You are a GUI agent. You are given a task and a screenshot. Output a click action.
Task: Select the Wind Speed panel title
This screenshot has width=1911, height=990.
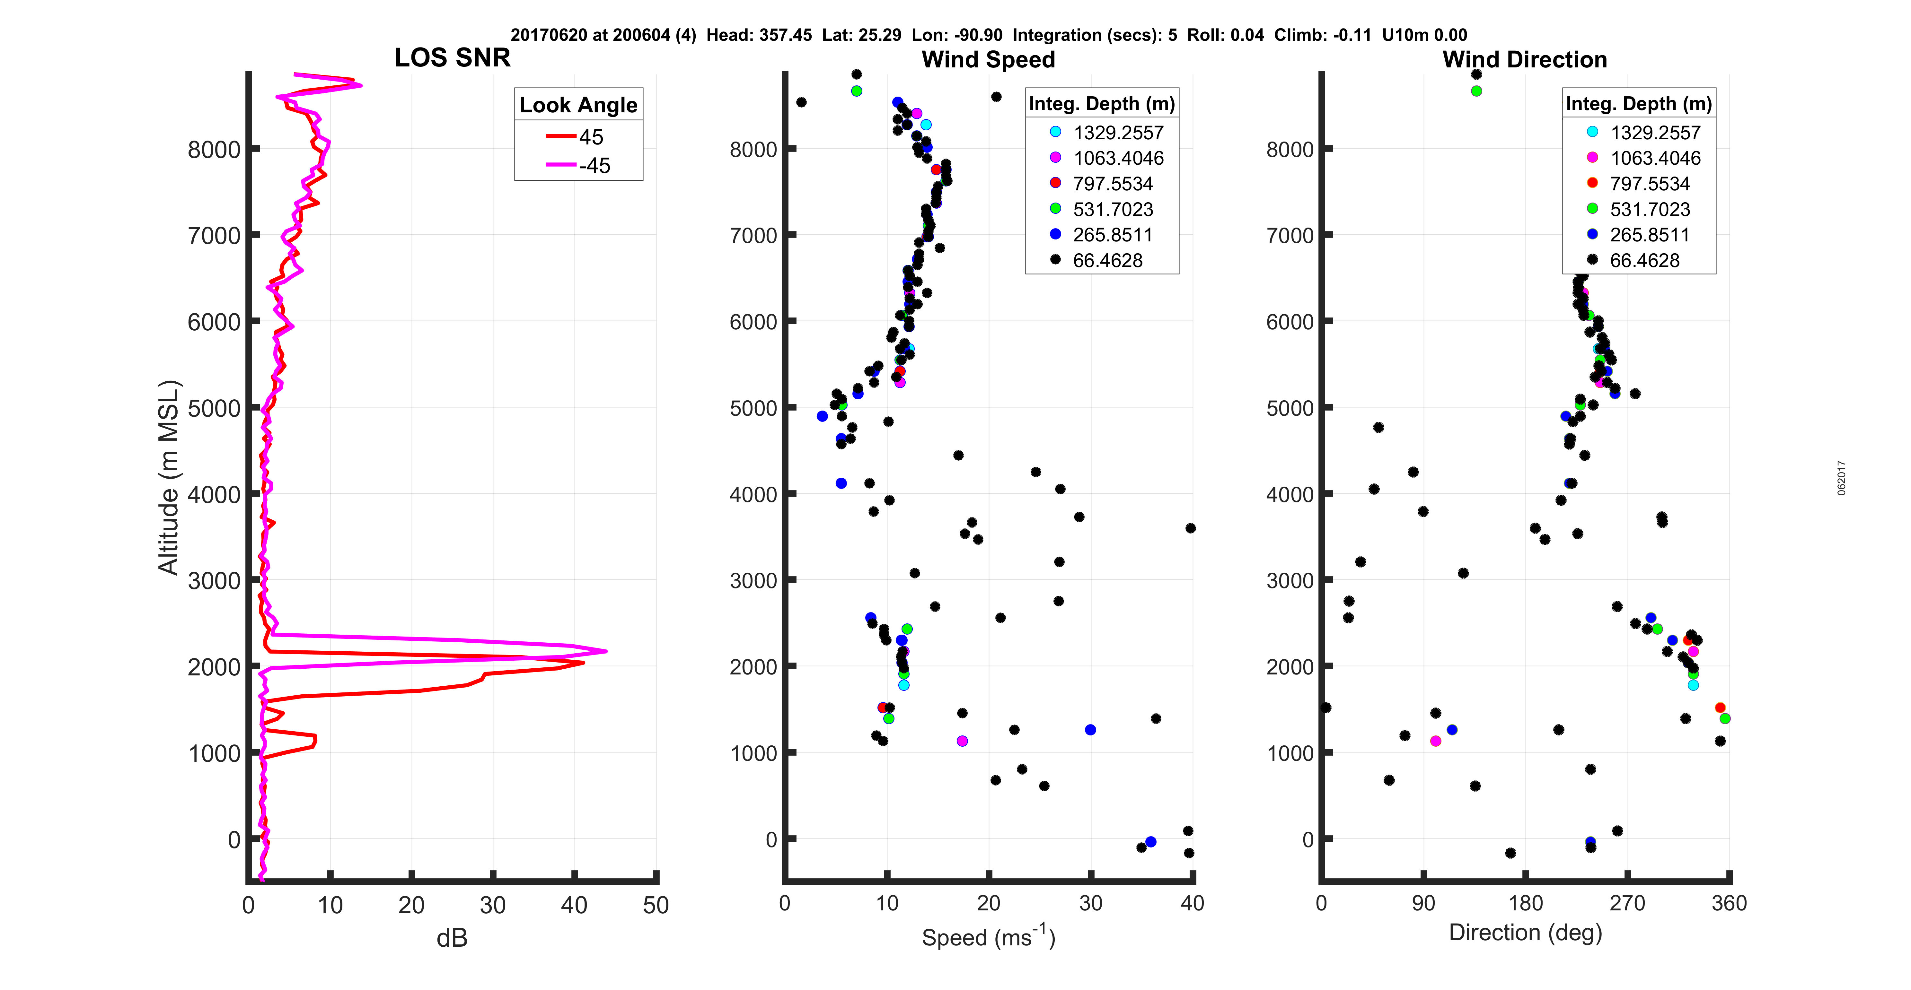[988, 59]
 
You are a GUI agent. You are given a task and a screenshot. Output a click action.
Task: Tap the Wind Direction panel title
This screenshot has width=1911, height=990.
[1525, 59]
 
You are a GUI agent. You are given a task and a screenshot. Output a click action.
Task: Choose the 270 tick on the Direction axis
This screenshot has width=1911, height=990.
[1627, 903]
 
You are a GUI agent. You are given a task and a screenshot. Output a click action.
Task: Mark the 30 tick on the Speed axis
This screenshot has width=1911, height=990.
[1090, 903]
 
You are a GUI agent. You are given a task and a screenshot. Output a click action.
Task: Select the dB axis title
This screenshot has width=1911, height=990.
[452, 938]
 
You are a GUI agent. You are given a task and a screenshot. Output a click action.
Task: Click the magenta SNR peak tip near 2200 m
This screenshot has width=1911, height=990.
[606, 651]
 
